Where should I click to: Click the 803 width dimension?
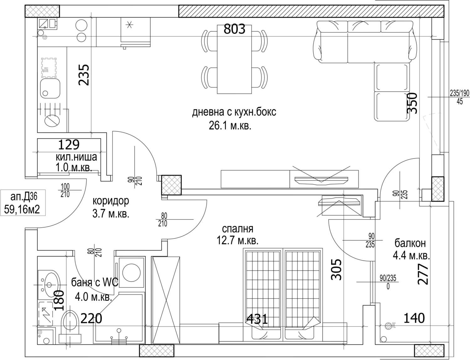pos(234,29)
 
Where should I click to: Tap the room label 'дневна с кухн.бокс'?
pos(234,112)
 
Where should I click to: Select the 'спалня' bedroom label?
pos(238,229)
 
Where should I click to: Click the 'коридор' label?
pos(111,201)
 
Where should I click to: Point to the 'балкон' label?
pos(410,243)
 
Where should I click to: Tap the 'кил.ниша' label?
pos(76,157)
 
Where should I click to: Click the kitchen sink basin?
pos(50,88)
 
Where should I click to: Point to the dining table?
pos(234,59)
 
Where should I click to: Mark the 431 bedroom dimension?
pos(257,319)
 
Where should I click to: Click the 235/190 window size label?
pos(460,93)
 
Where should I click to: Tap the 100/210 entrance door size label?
pos(65,190)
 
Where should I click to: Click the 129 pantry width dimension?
pos(69,145)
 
